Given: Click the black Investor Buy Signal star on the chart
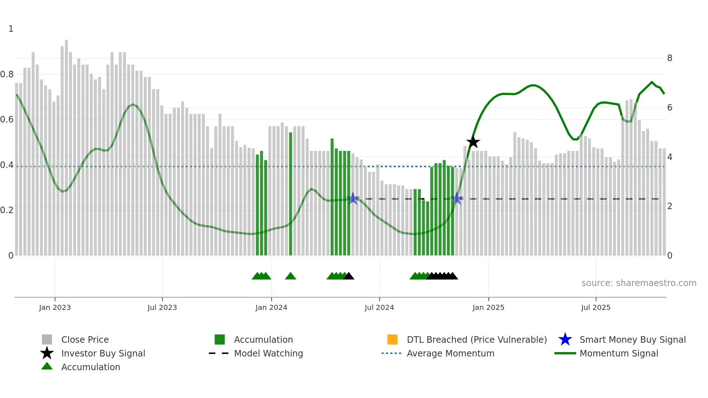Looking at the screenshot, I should pos(473,142).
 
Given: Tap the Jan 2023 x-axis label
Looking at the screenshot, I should pos(55,307).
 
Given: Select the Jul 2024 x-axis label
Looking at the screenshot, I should pos(379,307).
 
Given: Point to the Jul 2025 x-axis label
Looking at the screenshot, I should pos(596,307).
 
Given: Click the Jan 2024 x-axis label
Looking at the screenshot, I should pos(271,307).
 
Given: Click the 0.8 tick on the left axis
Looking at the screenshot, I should pos(7,74).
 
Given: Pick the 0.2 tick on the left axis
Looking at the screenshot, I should pos(7,210).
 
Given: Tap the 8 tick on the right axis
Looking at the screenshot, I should pos(670,58).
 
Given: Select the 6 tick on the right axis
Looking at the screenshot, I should pos(670,108).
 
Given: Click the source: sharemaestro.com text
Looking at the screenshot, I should pos(639,283).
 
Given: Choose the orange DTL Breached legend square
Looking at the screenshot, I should pos(392,339).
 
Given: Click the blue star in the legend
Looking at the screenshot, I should pos(565,339).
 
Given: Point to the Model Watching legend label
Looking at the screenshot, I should pos(268,353).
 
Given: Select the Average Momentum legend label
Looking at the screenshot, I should pos(450,353).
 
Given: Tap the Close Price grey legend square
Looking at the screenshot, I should pos(47,339).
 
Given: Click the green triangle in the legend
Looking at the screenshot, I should pos(47,366).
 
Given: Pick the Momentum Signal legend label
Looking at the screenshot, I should pos(619,353).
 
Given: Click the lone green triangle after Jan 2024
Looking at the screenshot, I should pos(290,276).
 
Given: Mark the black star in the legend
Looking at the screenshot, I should pos(47,353).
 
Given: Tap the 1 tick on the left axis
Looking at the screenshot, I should pos(11,29).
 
